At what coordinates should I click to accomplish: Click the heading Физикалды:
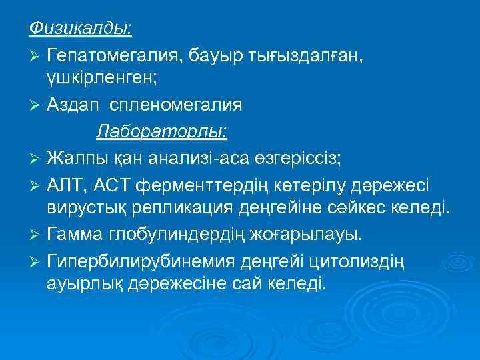tap(80, 27)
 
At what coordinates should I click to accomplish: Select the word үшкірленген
tap(102, 78)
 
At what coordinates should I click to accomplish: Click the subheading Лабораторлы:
tap(162, 131)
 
